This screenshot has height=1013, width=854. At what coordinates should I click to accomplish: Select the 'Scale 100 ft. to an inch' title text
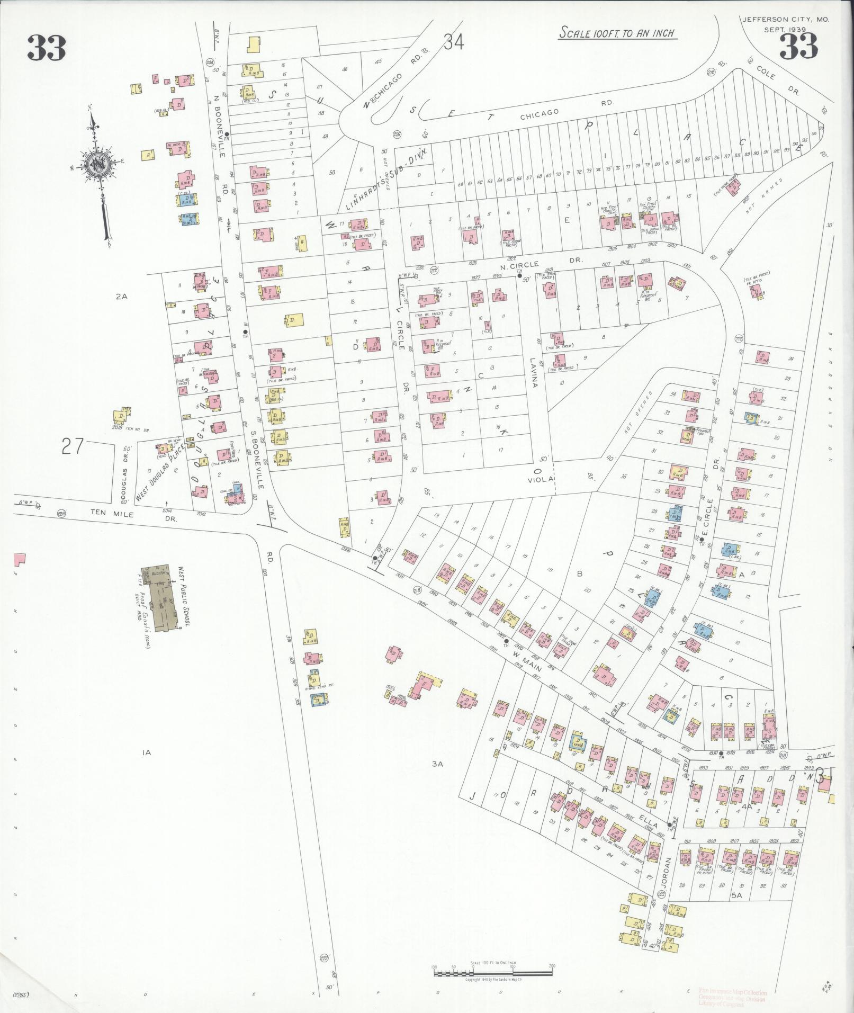pyautogui.click(x=617, y=33)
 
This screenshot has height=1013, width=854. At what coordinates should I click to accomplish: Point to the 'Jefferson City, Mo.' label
pyautogui.click(x=785, y=20)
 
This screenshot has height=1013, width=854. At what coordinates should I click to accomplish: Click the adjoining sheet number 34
pyautogui.click(x=454, y=42)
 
